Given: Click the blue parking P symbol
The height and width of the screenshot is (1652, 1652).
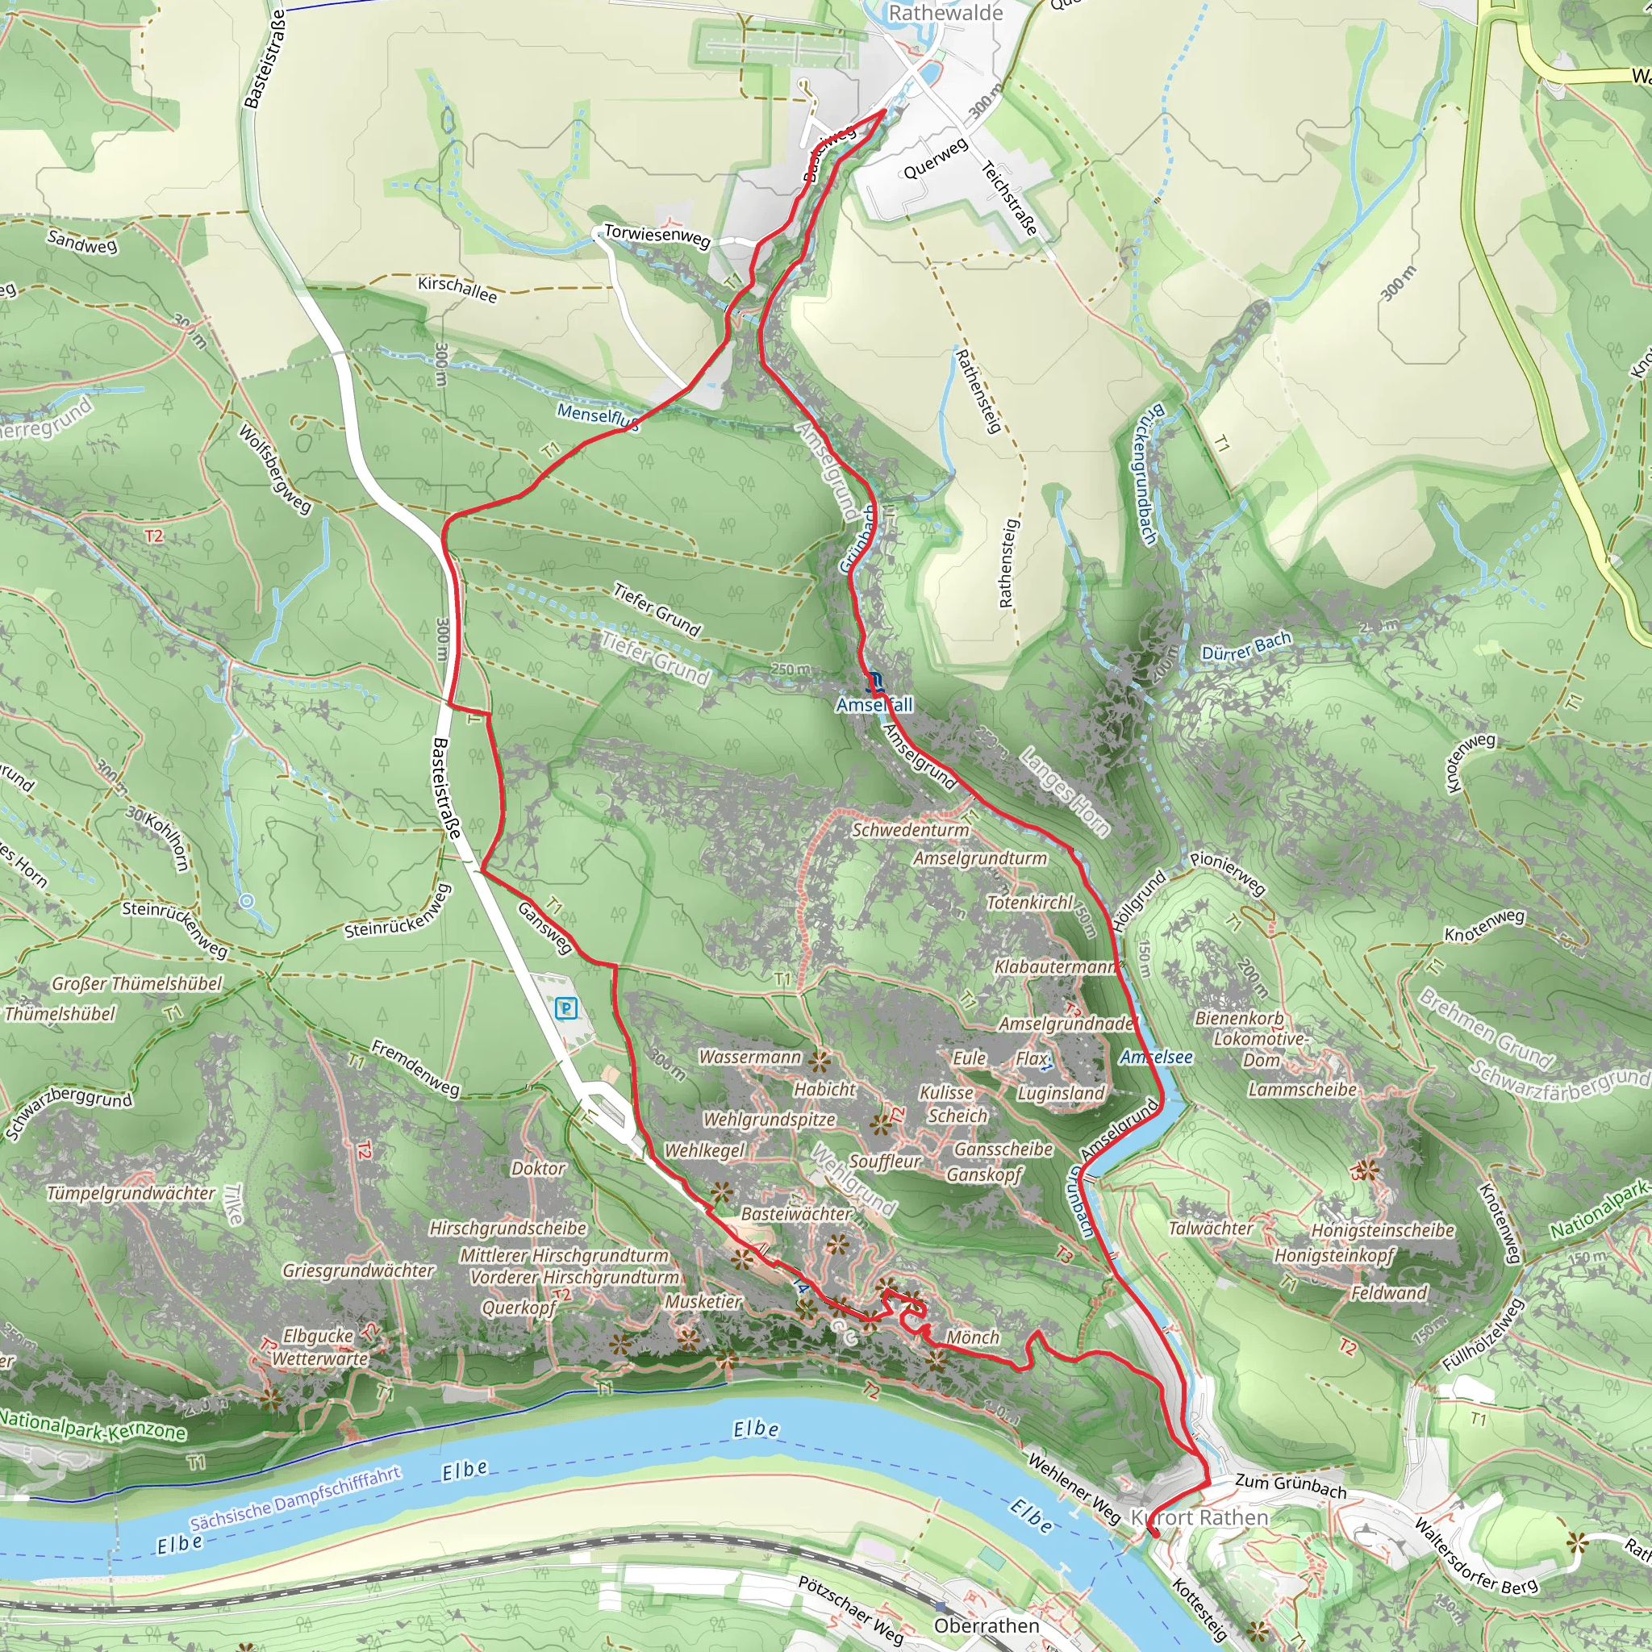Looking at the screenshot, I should (x=565, y=1009).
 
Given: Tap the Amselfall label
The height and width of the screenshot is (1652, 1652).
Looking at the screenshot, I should (x=874, y=704).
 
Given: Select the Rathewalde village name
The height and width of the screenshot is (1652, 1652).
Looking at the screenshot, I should (x=945, y=13).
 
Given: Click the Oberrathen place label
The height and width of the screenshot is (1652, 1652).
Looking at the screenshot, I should (x=987, y=1625).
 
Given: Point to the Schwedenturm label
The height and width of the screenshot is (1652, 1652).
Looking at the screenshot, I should (x=910, y=829).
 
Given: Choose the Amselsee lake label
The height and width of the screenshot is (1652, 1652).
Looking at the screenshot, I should (x=1156, y=1057).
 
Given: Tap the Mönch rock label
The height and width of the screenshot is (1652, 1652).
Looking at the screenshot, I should (x=972, y=1337).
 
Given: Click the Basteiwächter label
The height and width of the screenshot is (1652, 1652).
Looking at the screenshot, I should (x=796, y=1213).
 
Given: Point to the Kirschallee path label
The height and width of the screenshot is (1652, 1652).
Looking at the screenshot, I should (x=457, y=288).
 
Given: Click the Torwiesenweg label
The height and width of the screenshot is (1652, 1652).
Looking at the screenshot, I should (x=657, y=236).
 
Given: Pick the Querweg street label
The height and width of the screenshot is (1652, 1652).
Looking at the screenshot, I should (x=935, y=158).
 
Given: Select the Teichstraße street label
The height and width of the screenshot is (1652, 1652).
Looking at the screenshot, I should (x=1010, y=198).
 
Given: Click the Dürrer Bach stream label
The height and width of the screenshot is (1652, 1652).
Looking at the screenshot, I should (x=1245, y=646).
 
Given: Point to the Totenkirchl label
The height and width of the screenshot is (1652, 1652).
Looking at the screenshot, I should (x=1029, y=902).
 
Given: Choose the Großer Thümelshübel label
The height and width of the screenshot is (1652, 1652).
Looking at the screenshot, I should (x=137, y=983).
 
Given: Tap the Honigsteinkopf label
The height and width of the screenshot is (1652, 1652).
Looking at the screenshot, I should (x=1333, y=1255).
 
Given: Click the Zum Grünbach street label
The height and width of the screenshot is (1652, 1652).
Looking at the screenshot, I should (x=1291, y=1486).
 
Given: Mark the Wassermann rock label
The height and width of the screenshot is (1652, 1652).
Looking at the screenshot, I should (x=750, y=1057).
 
